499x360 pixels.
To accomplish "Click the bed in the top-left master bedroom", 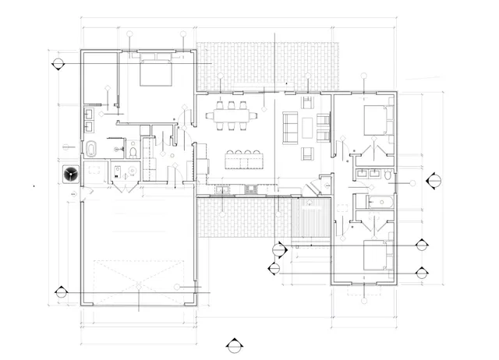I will [x=157, y=74].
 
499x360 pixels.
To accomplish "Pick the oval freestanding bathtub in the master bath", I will [x=91, y=149].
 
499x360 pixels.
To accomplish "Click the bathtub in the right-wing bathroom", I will [x=380, y=203].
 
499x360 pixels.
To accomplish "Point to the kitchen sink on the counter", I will [x=223, y=189].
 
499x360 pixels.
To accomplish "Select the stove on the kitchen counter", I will [x=251, y=189].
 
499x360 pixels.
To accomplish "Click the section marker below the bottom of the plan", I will [x=232, y=344].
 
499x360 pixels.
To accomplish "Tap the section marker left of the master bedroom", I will [x=58, y=64].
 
